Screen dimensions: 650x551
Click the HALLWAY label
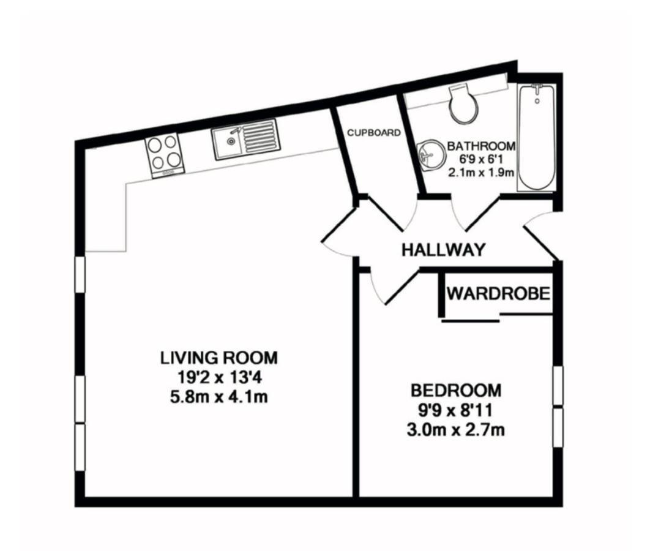(443, 250)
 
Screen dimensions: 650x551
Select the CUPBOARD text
(374, 133)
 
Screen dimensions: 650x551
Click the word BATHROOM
(481, 146)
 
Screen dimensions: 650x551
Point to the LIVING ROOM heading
(219, 358)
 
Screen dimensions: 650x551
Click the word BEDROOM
(455, 391)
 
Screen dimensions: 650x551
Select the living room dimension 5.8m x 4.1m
(219, 397)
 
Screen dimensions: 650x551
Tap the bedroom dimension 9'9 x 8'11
(455, 410)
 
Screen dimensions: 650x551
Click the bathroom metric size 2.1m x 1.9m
(481, 172)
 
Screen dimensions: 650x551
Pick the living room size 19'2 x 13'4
(219, 377)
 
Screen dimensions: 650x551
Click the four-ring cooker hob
(165, 155)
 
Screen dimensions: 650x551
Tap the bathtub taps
(537, 89)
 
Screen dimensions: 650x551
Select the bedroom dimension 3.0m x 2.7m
(455, 430)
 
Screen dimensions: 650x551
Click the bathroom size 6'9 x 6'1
(481, 159)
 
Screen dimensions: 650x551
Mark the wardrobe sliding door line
(471, 320)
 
